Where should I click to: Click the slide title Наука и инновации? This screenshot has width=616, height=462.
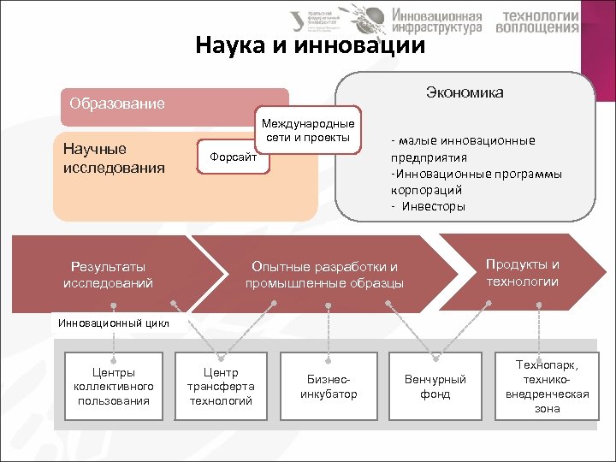click(x=310, y=44)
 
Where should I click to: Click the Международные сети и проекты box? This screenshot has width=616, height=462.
click(x=306, y=131)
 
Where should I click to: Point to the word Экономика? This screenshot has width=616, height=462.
click(x=464, y=92)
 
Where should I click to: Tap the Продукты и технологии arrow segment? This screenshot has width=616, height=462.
click(x=522, y=272)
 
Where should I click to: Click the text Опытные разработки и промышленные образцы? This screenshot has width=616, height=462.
click(x=324, y=275)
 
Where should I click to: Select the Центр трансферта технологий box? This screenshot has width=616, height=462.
click(x=221, y=387)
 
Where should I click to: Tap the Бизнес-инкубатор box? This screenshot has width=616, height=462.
click(x=329, y=387)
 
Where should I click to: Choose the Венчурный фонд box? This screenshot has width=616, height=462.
click(x=435, y=387)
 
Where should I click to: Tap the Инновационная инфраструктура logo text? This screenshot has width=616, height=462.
click(x=436, y=21)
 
